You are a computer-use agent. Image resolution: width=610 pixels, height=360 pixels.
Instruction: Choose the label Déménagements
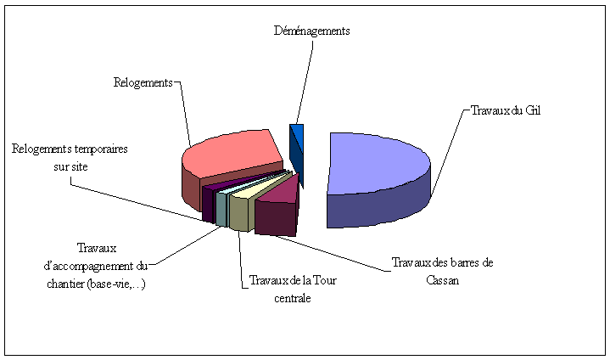pyautogui.click(x=311, y=31)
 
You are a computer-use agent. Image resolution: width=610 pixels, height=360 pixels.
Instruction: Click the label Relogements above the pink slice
pyautogui.click(x=143, y=82)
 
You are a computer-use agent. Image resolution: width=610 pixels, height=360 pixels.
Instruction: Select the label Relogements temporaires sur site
pyautogui.click(x=70, y=158)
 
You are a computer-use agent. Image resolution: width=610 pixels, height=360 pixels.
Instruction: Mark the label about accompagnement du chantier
pyautogui.click(x=95, y=266)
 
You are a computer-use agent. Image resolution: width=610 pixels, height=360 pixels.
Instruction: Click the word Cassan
pyautogui.click(x=443, y=281)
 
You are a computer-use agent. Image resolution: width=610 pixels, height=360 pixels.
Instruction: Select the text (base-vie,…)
pyautogui.click(x=122, y=284)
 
